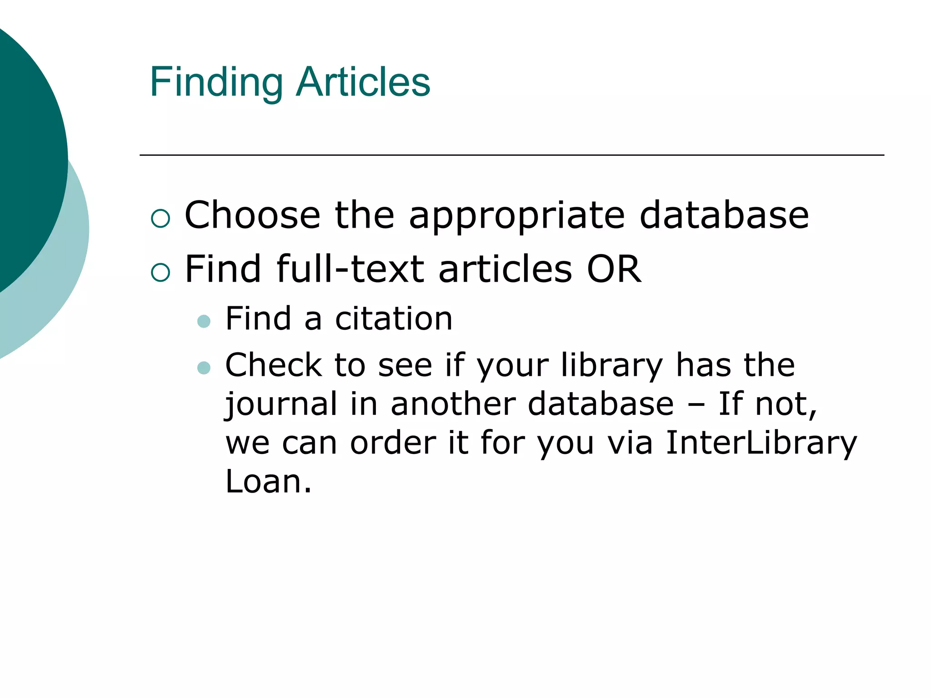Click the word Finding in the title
point(216,82)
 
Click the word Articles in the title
point(363,82)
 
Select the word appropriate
point(517,216)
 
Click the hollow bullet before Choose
point(160,218)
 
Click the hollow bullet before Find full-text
point(160,272)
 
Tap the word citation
point(394,319)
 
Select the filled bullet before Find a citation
point(204,322)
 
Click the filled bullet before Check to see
point(204,368)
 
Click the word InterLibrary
point(761,443)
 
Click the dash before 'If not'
point(696,404)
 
